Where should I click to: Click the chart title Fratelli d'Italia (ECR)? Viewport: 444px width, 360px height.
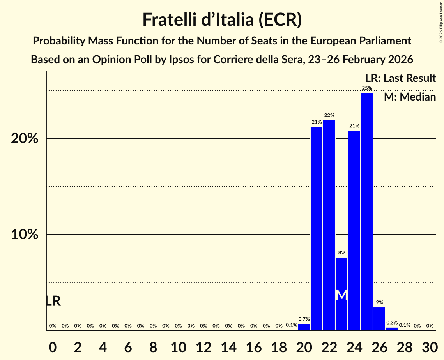coord(222,19)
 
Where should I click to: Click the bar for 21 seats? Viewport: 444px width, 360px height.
coord(316,228)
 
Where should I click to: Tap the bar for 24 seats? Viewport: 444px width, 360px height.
coord(354,230)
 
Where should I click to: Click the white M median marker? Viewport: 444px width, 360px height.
coord(341,295)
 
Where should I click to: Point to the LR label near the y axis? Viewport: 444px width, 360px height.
coord(53,301)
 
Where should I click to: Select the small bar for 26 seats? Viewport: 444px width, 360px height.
coord(379,319)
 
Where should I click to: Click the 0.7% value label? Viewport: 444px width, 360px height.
coord(304,319)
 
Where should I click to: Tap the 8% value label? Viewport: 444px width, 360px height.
coord(341,252)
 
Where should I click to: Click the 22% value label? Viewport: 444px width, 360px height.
coord(329,115)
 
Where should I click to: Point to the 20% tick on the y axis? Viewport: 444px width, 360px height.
coord(25,139)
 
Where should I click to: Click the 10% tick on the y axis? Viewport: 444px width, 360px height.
coord(25,235)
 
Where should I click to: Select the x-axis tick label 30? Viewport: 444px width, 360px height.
coord(430,346)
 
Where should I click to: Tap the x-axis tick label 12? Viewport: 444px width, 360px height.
coord(203,346)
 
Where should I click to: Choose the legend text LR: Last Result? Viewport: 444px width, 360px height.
coord(400,78)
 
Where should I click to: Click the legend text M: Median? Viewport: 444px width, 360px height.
coord(410,97)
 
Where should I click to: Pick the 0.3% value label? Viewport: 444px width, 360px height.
coord(392,323)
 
